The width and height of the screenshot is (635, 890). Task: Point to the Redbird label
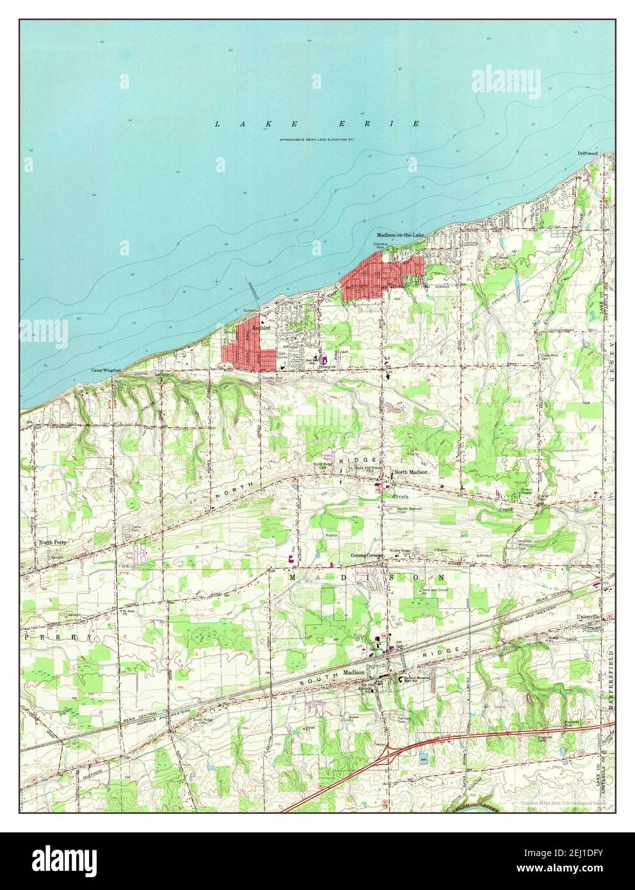pos(260,327)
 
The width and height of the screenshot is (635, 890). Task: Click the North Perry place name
pos(52,542)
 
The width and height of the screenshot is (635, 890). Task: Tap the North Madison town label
pos(411,473)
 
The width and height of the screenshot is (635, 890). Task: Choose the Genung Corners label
pos(366,554)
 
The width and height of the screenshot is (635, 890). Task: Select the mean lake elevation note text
pos(317,140)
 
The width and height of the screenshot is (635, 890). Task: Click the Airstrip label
pos(330,533)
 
